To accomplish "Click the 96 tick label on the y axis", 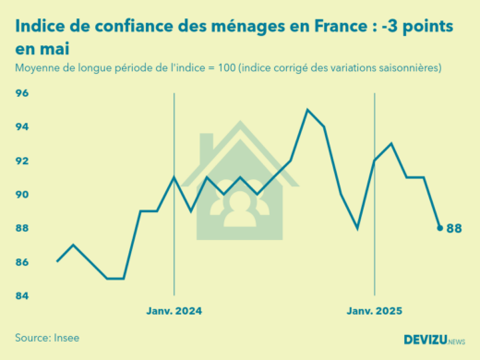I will [x=22, y=93].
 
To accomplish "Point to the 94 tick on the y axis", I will [x=22, y=126].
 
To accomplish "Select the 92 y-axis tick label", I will [x=22, y=161].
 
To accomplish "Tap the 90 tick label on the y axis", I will [x=22, y=195].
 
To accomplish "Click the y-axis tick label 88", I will [x=22, y=228].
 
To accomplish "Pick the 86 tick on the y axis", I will [x=22, y=262].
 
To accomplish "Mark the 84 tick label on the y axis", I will [x=22, y=296].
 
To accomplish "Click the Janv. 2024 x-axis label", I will [x=174, y=311].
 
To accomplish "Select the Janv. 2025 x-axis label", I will [x=374, y=311].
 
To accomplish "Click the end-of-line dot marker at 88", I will [x=439, y=228].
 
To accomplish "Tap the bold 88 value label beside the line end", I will [x=453, y=229].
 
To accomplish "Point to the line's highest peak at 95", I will [x=307, y=110].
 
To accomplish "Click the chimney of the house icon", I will [x=207, y=145].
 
